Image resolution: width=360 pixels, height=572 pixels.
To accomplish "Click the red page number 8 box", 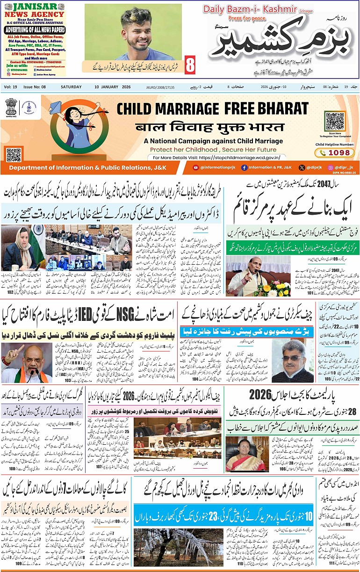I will (x=190, y=65).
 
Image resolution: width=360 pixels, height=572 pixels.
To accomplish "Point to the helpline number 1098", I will (x=341, y=152).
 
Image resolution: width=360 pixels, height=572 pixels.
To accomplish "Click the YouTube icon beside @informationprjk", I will (x=195, y=167).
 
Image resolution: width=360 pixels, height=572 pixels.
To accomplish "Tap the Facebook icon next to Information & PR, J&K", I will (x=244, y=167).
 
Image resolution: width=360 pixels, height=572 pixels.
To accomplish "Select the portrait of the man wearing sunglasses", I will (x=292, y=360).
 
